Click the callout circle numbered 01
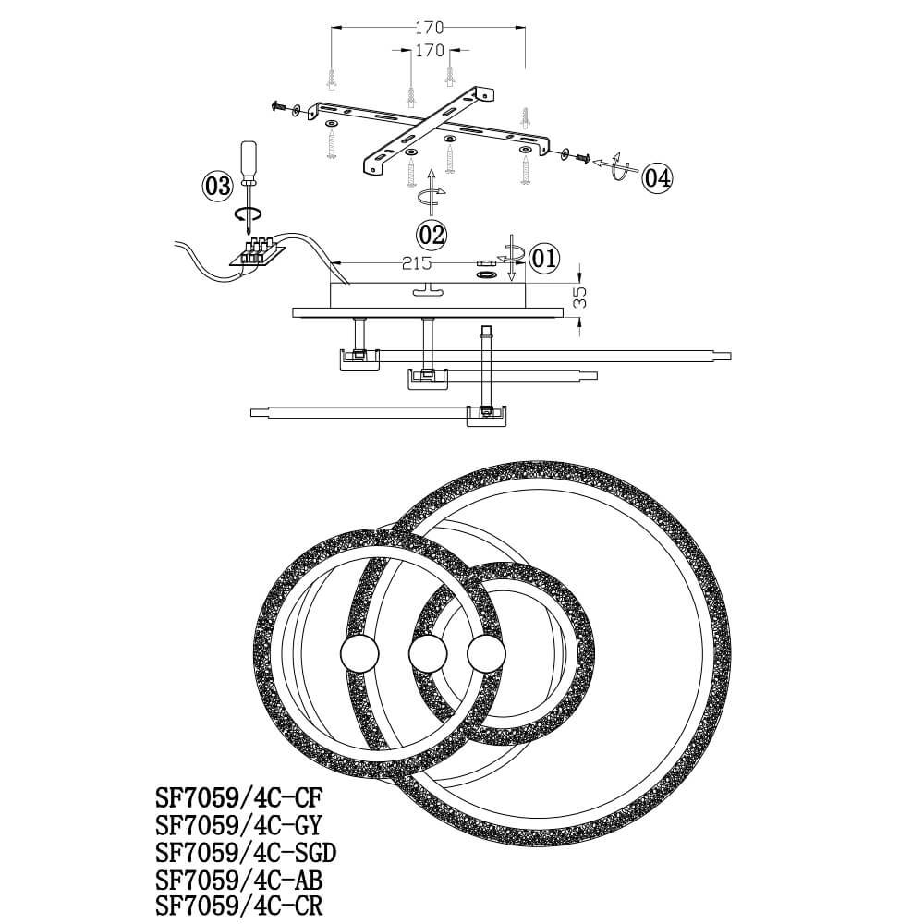pos(544,258)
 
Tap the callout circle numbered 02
pos(432,235)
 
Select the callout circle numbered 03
pos(218,187)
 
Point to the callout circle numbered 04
pos(657,177)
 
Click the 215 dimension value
pos(417,263)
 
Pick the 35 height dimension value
pos(580,298)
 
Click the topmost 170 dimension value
pos(428,28)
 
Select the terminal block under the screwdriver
pos(257,253)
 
